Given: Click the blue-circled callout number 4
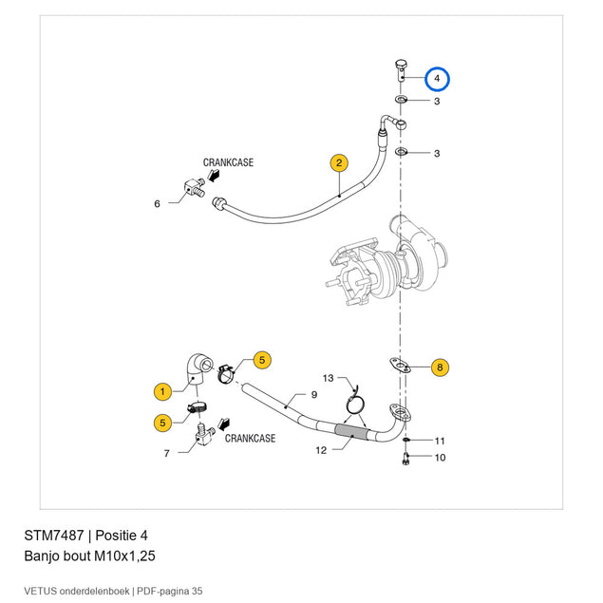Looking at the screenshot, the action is click(x=437, y=79).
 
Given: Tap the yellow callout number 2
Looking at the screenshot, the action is click(x=339, y=163).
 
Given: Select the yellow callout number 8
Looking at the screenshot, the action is click(x=440, y=367).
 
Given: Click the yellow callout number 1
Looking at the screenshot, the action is click(x=162, y=391).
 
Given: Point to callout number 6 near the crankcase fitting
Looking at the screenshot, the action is click(x=157, y=204).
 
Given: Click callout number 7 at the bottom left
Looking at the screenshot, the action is click(x=166, y=453).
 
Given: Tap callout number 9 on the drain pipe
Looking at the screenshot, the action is click(x=314, y=395).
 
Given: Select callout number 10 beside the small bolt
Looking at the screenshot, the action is click(x=440, y=458).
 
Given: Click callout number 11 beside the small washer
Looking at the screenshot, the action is click(x=440, y=441).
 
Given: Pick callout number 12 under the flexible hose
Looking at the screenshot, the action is click(x=321, y=450).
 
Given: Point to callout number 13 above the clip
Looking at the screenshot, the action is click(x=328, y=378).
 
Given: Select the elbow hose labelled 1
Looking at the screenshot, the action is click(x=197, y=368).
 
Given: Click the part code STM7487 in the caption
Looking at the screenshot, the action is click(x=54, y=536).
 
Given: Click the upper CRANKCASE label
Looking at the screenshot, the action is click(x=228, y=162).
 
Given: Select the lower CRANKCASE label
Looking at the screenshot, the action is click(x=250, y=439).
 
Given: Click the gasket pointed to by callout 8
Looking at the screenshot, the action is click(x=400, y=365).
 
